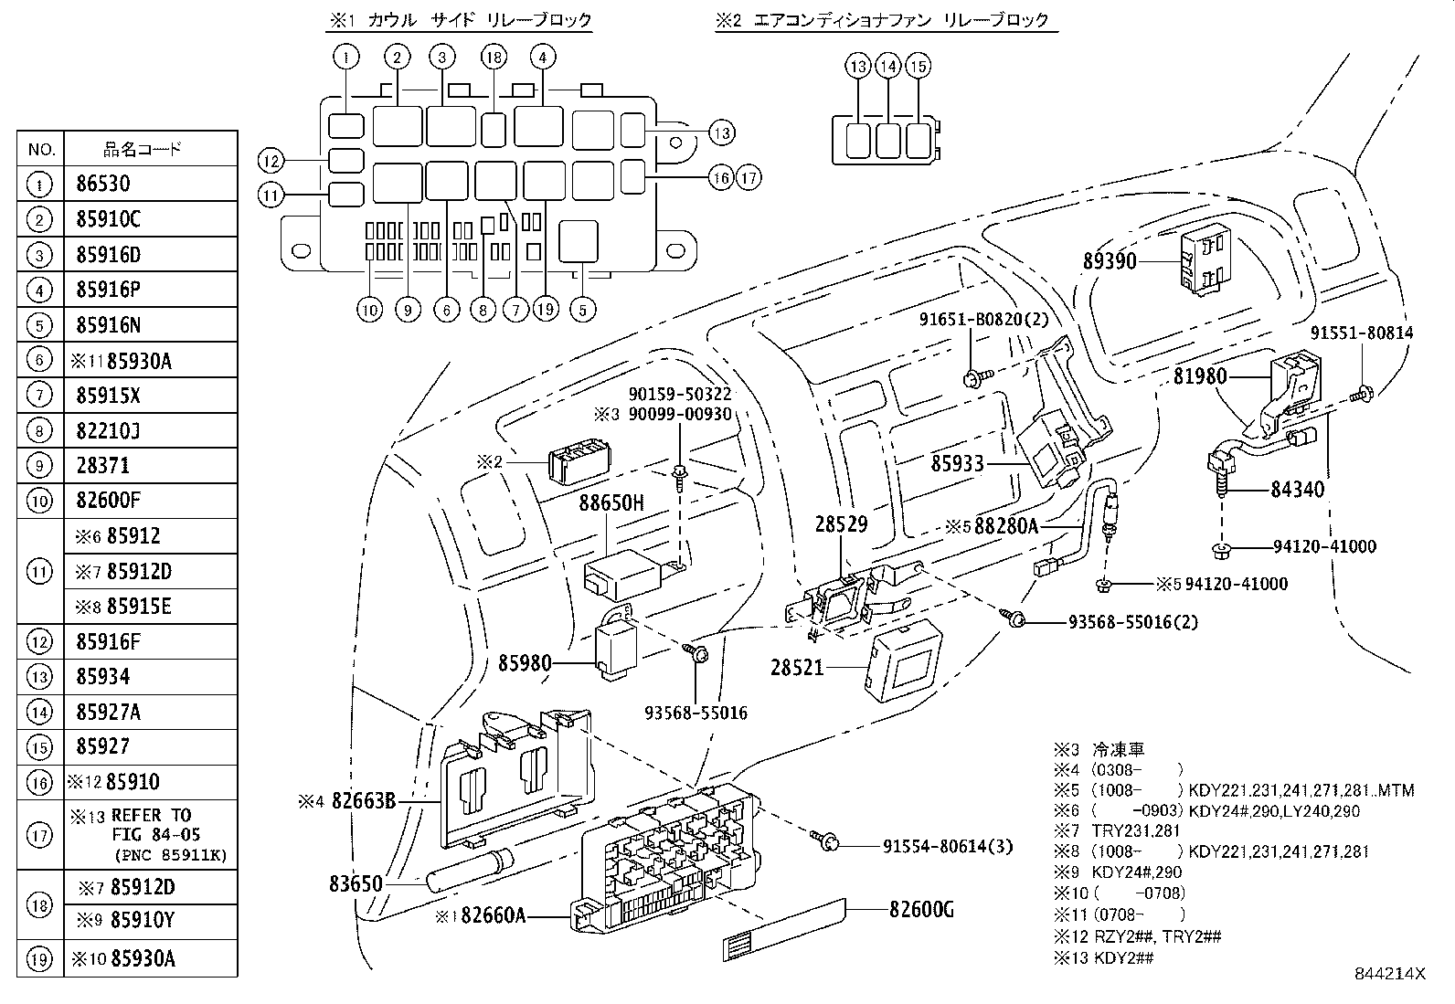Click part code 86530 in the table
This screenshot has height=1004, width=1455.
(x=103, y=184)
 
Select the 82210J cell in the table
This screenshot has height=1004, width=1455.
(x=108, y=430)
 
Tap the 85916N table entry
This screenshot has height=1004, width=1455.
(x=108, y=325)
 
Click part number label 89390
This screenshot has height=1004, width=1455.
(x=1109, y=261)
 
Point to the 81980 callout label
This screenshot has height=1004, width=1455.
(x=1201, y=376)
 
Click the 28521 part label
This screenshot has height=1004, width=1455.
(x=797, y=668)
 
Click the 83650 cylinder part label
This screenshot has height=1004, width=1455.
(x=356, y=884)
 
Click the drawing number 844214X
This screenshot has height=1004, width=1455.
(x=1391, y=974)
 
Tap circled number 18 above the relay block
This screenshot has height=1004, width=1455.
(x=493, y=58)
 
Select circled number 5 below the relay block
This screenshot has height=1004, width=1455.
(x=582, y=310)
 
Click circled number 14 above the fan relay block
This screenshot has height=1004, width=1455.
(x=887, y=67)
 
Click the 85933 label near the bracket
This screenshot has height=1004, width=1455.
(x=957, y=463)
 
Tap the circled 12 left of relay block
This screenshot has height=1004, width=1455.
(x=271, y=162)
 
